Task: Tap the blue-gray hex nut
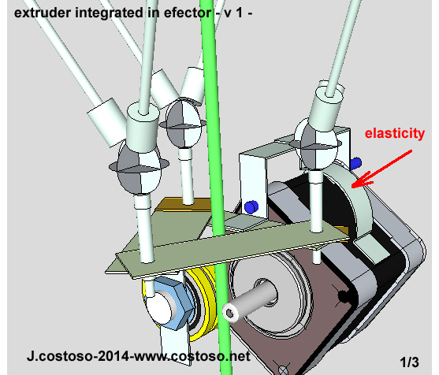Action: [168, 301]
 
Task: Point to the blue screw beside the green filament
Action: [251, 206]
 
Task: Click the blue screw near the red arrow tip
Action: [355, 164]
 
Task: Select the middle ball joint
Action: [185, 123]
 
